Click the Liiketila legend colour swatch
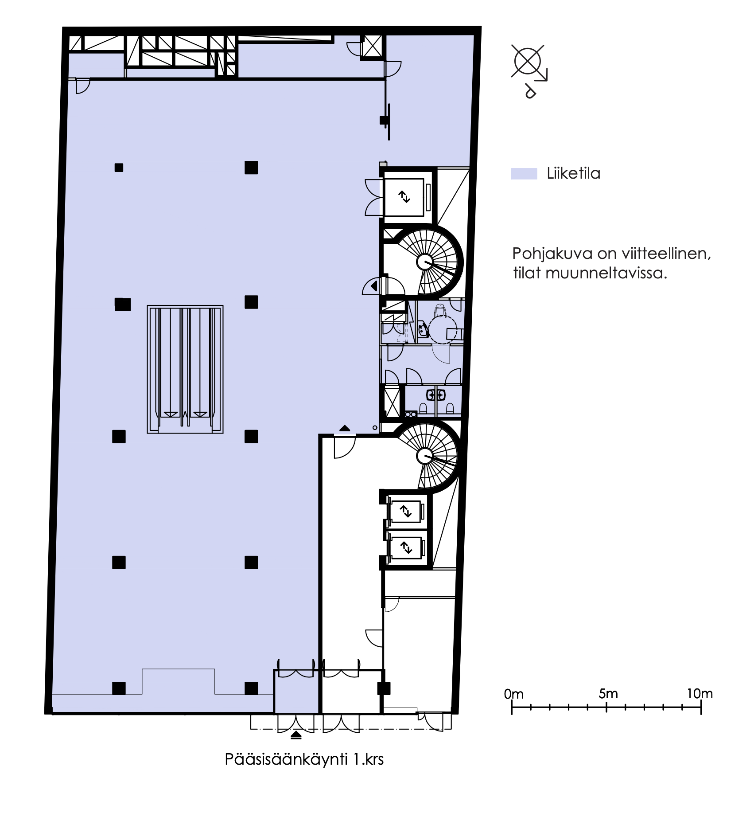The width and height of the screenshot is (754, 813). (x=524, y=174)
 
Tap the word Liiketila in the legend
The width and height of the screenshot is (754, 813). (x=574, y=173)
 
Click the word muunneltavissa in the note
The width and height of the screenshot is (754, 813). (x=606, y=273)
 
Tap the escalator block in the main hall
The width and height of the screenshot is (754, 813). (x=185, y=369)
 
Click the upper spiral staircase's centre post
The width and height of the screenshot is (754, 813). (x=425, y=262)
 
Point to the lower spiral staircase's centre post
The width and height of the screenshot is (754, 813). (x=425, y=456)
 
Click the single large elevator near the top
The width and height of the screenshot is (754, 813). (x=404, y=196)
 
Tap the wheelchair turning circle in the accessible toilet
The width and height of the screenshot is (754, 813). (x=443, y=329)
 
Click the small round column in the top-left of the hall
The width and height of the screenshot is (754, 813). (x=119, y=168)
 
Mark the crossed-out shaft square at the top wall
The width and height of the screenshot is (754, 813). (x=372, y=46)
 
